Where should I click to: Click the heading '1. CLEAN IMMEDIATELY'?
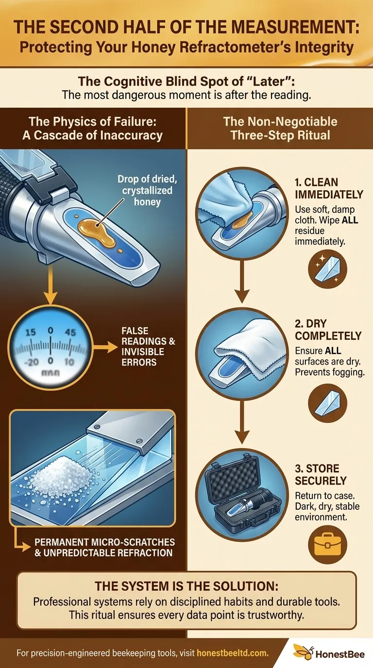point(328,188)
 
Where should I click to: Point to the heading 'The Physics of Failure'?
point(92,121)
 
